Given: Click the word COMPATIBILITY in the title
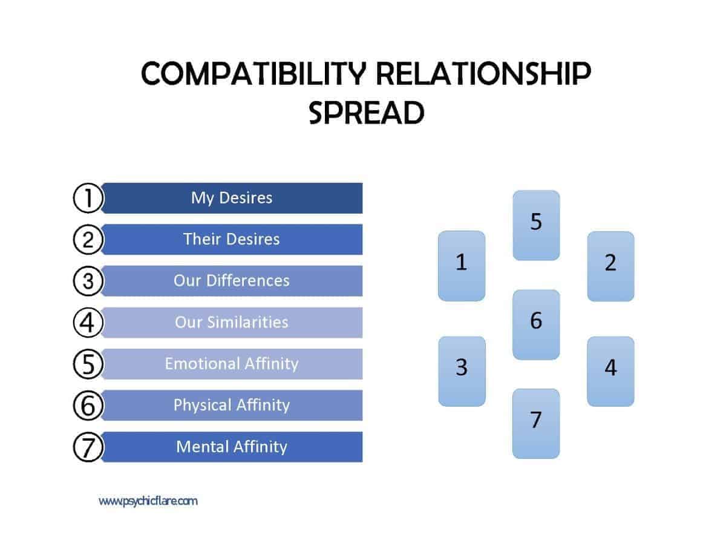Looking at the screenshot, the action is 253,73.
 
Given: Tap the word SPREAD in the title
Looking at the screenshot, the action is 366,113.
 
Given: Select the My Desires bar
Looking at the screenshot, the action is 232,198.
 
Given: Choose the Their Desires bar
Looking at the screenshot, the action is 232,240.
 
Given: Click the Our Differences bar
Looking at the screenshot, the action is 232,281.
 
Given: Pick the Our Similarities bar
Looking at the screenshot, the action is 232,323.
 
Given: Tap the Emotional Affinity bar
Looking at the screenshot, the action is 232,364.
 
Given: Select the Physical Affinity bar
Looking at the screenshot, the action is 232,405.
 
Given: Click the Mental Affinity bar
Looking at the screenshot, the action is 232,447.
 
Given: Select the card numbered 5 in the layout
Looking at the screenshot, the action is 536,225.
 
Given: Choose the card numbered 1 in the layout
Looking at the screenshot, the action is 462,266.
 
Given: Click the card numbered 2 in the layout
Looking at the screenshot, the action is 610,266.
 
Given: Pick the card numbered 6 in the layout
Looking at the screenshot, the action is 536,324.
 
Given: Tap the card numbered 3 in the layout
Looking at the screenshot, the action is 462,371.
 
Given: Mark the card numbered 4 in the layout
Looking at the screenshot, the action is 610,371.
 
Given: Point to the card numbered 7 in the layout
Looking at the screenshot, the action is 536,424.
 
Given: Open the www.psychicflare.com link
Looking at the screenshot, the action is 148,501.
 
